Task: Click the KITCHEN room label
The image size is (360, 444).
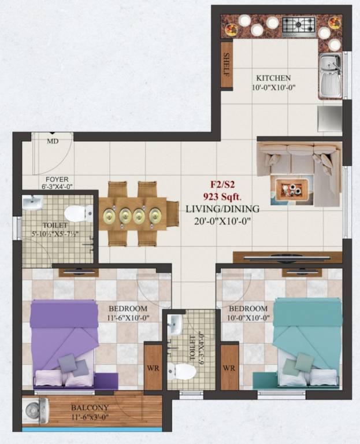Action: tap(273, 77)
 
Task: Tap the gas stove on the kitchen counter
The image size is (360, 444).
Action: tap(298, 24)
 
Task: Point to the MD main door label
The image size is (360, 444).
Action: tap(52, 141)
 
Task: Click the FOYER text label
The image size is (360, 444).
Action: tap(57, 179)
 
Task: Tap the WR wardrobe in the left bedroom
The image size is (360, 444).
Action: tap(152, 367)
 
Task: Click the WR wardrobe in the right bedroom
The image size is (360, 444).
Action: tap(229, 367)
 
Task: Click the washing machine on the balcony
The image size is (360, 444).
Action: tap(32, 411)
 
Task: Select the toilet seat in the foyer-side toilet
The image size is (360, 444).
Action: tap(78, 213)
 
